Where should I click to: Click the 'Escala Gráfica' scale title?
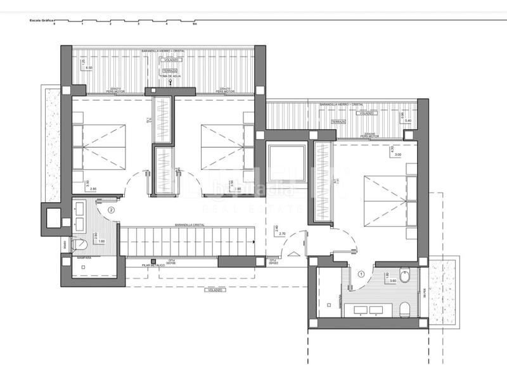[39, 21]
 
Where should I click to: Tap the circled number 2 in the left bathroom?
[112, 210]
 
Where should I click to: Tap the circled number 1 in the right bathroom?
[361, 274]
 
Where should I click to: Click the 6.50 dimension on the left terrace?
[89, 67]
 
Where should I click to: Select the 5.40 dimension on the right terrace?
[408, 120]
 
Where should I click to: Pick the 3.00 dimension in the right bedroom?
[398, 155]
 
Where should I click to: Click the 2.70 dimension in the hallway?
[283, 234]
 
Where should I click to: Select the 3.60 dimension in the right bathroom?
[392, 281]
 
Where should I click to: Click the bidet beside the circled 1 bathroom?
[406, 275]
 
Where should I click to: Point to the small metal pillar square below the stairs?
[145, 260]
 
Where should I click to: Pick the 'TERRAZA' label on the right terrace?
[338, 121]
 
